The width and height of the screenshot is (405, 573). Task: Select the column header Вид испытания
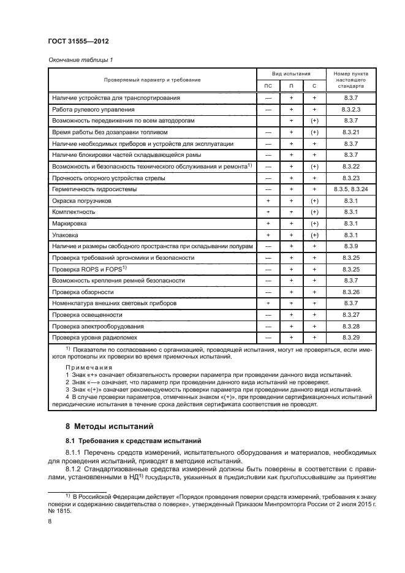pos(291,72)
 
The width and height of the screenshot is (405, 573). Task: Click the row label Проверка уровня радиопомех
pos(91,338)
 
